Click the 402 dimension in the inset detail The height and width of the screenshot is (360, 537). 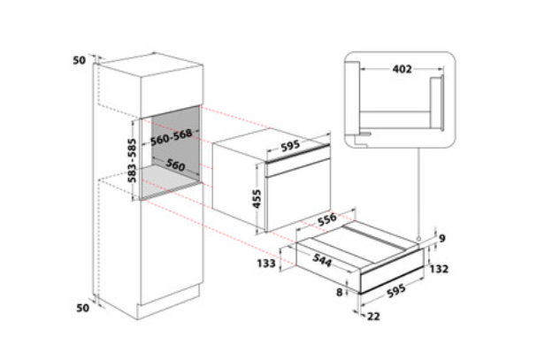point(402,69)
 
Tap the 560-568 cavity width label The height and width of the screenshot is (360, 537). point(172,137)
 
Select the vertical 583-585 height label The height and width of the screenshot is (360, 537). point(132,160)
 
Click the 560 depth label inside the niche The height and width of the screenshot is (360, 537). point(175,165)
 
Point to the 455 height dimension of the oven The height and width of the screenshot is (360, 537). point(257,199)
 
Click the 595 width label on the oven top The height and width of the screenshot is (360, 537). point(290,146)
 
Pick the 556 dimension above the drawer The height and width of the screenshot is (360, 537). point(327,219)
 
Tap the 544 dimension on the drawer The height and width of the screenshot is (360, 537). point(322,260)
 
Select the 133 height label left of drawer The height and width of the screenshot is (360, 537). point(266,263)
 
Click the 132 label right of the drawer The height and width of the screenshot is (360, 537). point(439,269)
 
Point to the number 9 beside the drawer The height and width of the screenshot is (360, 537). point(442,238)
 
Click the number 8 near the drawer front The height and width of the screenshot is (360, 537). point(339,292)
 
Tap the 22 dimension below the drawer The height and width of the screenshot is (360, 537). point(373,316)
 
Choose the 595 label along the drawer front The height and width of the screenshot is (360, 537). point(396,291)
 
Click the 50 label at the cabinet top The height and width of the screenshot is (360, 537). point(79,60)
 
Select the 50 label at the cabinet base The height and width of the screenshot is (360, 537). point(82,308)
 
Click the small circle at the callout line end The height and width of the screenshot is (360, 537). point(418,239)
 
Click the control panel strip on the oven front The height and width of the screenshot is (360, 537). point(298,166)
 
